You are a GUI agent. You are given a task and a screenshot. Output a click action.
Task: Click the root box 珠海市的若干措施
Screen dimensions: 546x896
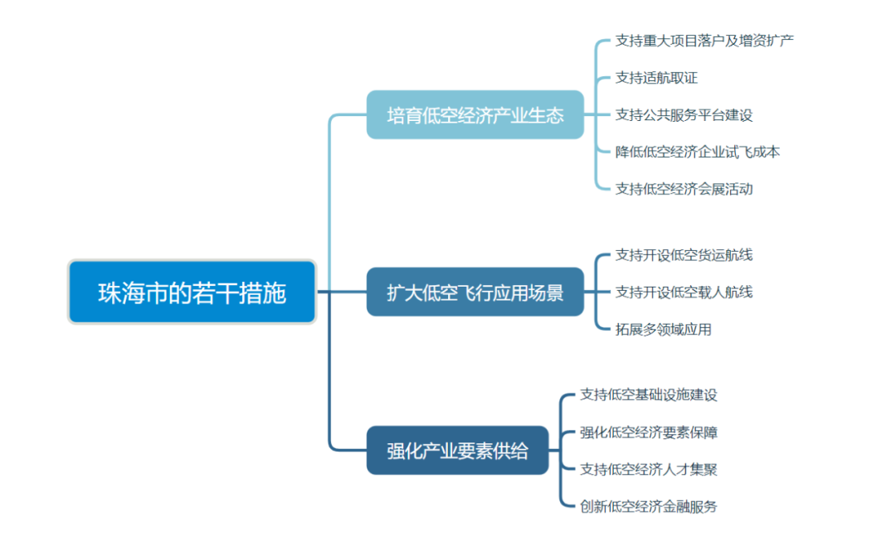tap(192, 292)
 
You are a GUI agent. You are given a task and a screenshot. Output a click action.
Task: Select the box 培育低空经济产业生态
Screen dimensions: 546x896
tap(475, 114)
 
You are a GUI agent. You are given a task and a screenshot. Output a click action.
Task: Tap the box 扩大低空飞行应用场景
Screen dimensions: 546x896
tap(475, 292)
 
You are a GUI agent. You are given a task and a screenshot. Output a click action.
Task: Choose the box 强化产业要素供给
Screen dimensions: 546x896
tap(457, 450)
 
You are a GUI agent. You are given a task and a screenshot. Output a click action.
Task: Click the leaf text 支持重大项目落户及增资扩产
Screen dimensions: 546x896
tap(704, 40)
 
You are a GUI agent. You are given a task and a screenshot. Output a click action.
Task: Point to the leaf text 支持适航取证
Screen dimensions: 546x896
tap(656, 78)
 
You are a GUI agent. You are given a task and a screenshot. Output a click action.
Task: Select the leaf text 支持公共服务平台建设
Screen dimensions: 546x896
tap(684, 115)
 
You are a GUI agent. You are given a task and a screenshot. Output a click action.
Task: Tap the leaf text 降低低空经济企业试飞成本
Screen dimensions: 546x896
tap(697, 152)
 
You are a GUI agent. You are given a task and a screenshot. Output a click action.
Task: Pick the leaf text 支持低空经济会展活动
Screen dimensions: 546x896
tap(684, 189)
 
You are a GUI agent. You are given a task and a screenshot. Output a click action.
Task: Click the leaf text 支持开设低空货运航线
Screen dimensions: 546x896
tap(684, 254)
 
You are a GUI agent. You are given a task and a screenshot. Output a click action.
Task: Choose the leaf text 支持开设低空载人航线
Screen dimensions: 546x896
tap(684, 292)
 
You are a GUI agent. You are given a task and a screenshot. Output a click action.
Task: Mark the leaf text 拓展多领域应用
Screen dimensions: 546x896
tap(663, 329)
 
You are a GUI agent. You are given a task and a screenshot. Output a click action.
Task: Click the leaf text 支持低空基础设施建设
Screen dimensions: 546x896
tap(649, 394)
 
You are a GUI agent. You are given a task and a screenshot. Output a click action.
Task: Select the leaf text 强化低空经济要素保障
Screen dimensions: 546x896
tap(649, 432)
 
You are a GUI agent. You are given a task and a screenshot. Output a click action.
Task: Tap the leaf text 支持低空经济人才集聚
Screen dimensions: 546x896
tap(649, 469)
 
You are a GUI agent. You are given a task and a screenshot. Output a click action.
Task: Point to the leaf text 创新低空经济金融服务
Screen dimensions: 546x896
tap(649, 506)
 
